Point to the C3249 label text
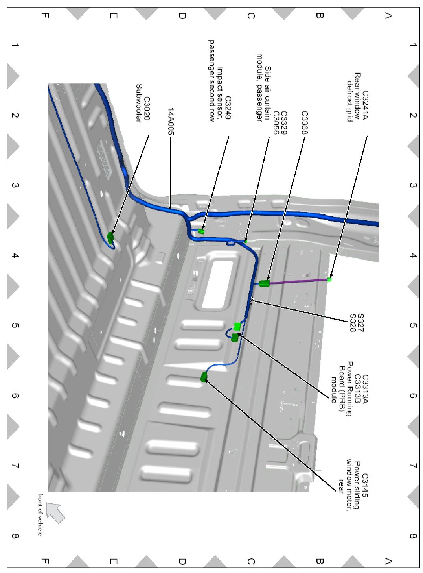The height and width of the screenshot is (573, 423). pos(228,108)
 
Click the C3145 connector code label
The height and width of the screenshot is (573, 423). pos(365,486)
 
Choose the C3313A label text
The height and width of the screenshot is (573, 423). pos(365,389)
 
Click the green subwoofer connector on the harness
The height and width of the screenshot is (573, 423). pos(110,237)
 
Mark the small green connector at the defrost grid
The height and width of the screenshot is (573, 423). pos(329,279)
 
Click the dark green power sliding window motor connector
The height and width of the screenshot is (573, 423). pos(204,377)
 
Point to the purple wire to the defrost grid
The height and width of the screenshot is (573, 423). pos(299,281)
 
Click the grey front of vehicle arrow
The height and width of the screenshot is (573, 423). pos(55,512)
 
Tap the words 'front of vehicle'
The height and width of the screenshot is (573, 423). pos(40,514)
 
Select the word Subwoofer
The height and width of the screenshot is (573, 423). pos(139,103)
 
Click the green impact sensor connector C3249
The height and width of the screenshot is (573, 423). pos(201,231)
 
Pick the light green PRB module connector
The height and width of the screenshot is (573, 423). pos(237,326)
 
